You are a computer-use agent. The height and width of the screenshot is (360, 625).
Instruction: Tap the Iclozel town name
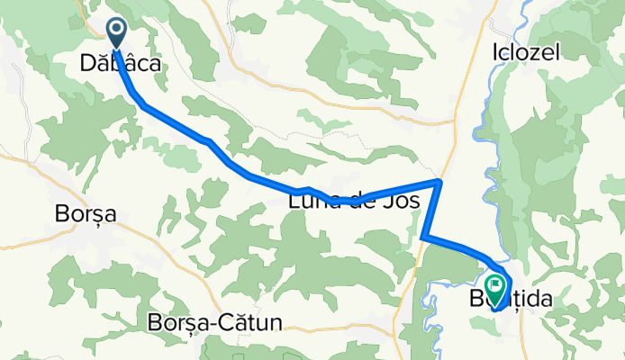[x=525, y=53]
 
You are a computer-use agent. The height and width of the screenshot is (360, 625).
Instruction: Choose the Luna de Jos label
[x=353, y=203]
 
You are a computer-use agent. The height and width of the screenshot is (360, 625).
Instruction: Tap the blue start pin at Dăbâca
[x=117, y=33]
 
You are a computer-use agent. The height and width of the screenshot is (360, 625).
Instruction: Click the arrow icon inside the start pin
[x=117, y=31]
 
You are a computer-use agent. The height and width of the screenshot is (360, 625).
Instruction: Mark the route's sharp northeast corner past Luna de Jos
[x=439, y=182]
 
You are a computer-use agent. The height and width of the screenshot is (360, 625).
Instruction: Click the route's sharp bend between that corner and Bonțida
[x=423, y=237]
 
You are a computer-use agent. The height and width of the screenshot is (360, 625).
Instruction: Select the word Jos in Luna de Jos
[x=402, y=203]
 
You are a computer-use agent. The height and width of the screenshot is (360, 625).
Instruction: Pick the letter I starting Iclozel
[x=495, y=53]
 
